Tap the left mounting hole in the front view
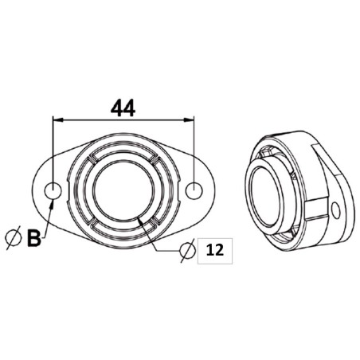pos(53,191)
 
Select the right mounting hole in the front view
pos(196,190)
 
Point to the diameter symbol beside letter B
pos(13,237)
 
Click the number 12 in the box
pos(213,251)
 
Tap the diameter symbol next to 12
pos(185,251)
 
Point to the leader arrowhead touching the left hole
pos(52,202)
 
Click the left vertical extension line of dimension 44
pos(53,151)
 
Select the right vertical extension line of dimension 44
pos(196,151)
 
